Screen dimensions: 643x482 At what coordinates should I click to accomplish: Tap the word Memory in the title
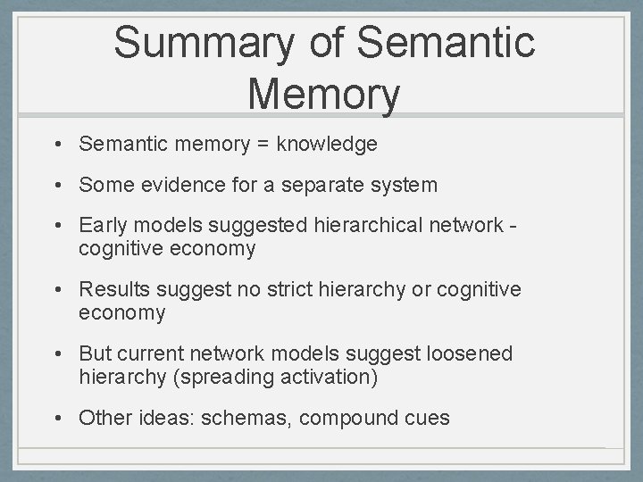pos(323,93)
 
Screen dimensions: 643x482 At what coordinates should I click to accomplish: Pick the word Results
pos(113,290)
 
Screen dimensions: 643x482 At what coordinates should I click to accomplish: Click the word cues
pos(427,417)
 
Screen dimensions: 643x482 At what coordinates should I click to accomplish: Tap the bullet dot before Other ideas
pos(55,417)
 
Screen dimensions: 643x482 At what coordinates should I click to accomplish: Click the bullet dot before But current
pos(55,353)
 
